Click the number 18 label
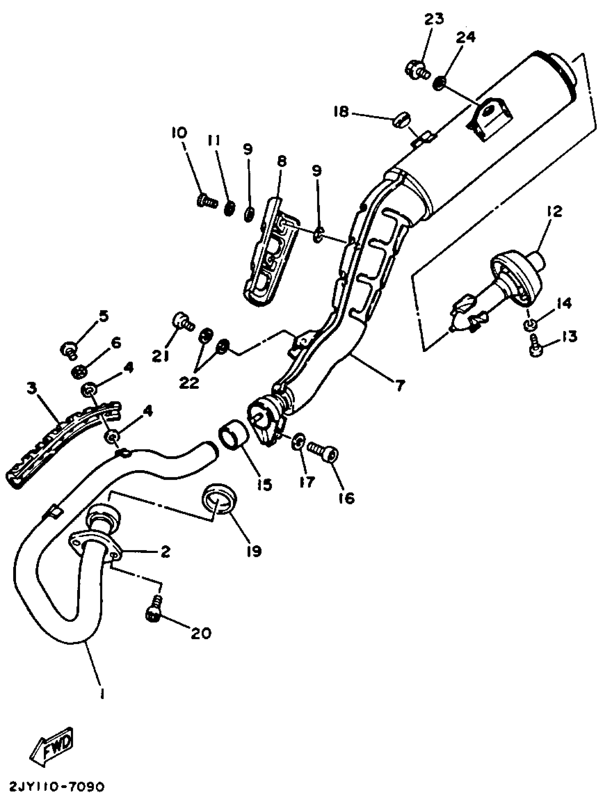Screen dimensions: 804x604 point(341,112)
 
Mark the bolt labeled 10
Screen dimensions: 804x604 point(206,200)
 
